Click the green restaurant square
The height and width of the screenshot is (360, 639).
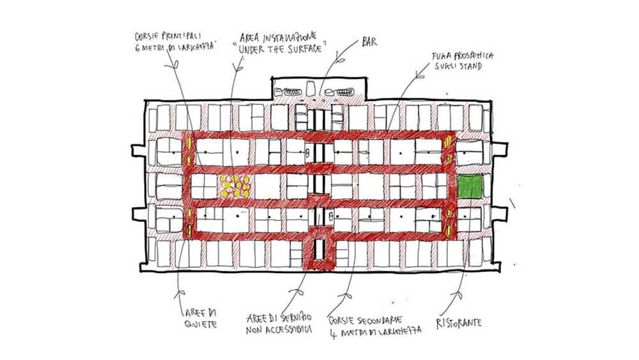click(x=470, y=186)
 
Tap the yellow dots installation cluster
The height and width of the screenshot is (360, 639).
click(x=234, y=186)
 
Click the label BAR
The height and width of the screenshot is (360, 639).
click(x=369, y=42)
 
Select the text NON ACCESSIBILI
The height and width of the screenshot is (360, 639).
click(x=279, y=330)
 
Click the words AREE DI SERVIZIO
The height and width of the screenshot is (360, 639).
click(x=279, y=318)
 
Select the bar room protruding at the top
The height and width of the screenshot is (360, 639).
click(x=319, y=89)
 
